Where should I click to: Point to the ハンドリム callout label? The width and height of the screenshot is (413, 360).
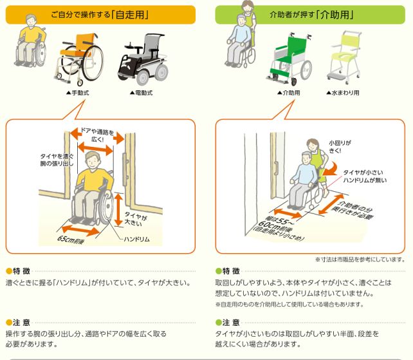click(x=136, y=239)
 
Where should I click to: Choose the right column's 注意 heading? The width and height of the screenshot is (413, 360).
click(x=227, y=322)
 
